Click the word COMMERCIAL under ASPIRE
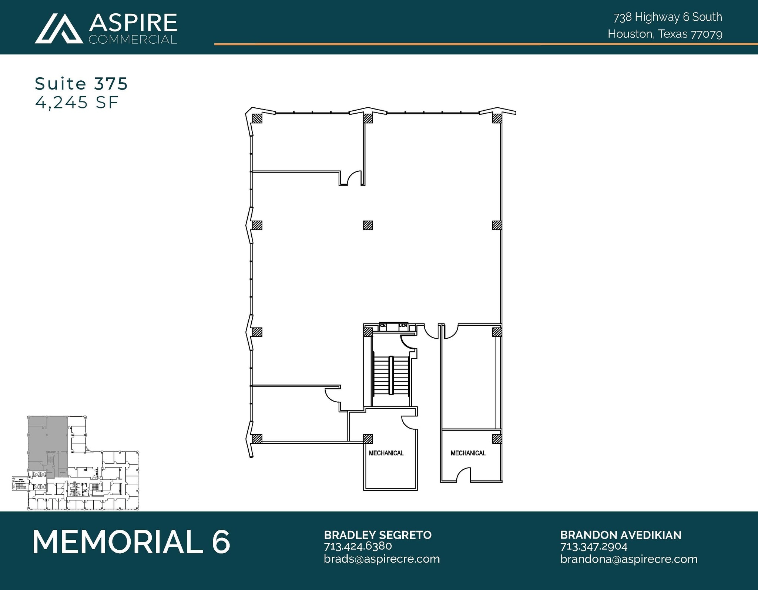click(x=133, y=39)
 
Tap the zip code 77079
click(x=707, y=34)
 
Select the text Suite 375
click(x=81, y=84)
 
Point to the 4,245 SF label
click(x=77, y=102)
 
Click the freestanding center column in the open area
click(x=368, y=225)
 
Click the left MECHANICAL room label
click(x=386, y=453)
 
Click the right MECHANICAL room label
click(x=468, y=453)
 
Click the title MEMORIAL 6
click(x=131, y=542)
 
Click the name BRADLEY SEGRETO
click(x=378, y=535)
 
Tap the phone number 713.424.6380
click(x=358, y=546)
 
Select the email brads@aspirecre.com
click(x=382, y=559)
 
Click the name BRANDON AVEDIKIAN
click(x=620, y=535)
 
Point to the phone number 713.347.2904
click(x=594, y=546)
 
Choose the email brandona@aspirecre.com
click(x=628, y=559)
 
